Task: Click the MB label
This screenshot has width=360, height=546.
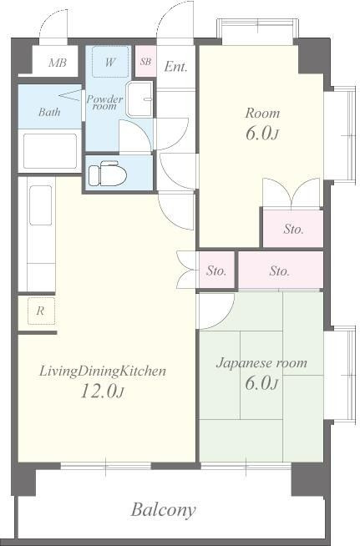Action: click(x=58, y=63)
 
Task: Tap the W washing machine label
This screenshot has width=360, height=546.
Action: click(x=109, y=63)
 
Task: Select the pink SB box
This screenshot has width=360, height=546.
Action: click(x=145, y=61)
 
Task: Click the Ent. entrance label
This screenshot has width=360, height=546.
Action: click(x=175, y=66)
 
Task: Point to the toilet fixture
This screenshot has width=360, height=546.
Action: click(x=107, y=173)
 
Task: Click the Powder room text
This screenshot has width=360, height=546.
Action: click(x=104, y=103)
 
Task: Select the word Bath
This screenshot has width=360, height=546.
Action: click(x=49, y=112)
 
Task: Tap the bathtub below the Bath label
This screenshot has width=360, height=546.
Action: click(x=49, y=150)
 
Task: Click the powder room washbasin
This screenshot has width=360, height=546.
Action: click(x=139, y=99)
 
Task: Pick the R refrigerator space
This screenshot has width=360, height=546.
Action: click(x=41, y=311)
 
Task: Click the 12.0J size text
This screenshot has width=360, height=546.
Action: click(x=102, y=391)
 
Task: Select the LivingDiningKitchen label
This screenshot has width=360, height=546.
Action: click(x=103, y=372)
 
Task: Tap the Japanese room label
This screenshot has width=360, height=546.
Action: click(x=261, y=363)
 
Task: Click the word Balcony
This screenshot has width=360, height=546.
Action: click(x=163, y=510)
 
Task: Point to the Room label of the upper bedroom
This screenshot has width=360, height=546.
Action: click(x=262, y=114)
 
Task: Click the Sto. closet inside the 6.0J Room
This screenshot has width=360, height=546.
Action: click(x=292, y=229)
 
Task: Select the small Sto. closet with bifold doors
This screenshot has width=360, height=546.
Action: click(x=216, y=270)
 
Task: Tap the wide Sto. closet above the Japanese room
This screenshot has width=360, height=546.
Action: click(x=281, y=270)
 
